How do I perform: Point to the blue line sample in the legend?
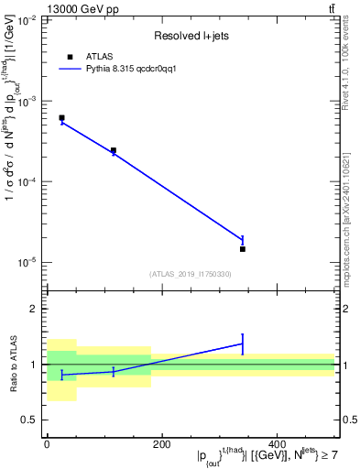71,69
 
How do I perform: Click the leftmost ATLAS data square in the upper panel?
61,118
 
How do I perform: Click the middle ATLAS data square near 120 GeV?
114,150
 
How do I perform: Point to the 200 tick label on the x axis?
161,444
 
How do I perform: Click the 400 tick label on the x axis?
277,444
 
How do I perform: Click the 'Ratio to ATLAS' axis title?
12,365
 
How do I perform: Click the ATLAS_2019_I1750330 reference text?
191,274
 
